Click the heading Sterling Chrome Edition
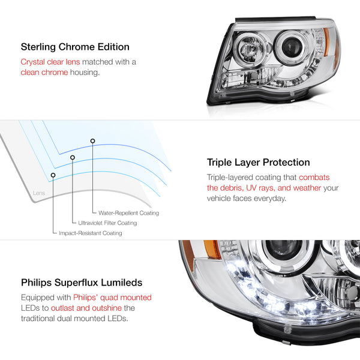point(75,46)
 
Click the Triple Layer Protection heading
point(258,162)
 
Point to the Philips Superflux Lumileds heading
point(82,282)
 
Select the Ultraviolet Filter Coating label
point(107,223)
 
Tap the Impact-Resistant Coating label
point(90,233)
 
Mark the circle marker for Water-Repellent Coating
point(92,141)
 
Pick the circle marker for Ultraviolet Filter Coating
point(73,158)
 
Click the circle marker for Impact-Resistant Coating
point(53,175)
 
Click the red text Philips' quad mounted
point(112,297)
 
